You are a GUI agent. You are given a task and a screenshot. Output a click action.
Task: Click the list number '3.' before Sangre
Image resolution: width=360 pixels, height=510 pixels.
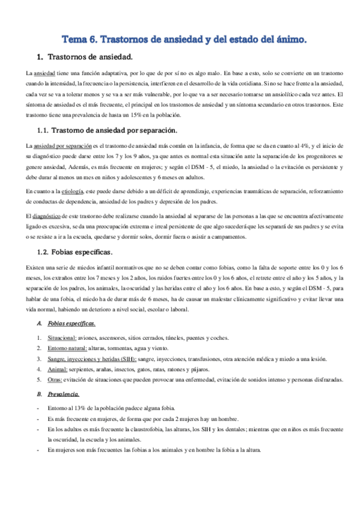(39, 358)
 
